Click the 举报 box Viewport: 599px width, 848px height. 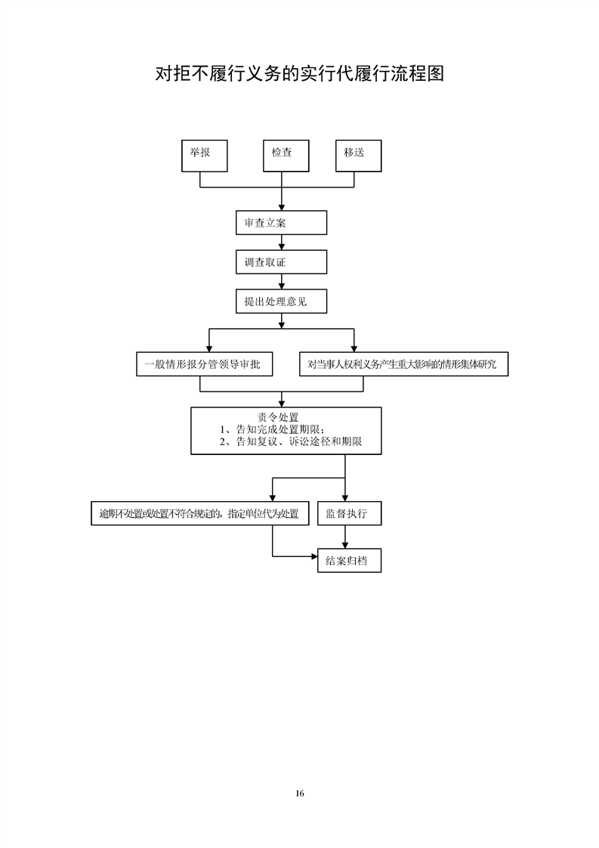[205, 156]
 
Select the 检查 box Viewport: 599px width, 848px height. [286, 156]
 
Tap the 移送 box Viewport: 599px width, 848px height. [359, 156]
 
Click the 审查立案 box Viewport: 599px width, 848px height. [281, 223]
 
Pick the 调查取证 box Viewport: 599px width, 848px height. [281, 262]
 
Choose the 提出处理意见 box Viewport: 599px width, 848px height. [281, 302]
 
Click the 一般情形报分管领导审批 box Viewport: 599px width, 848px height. [205, 364]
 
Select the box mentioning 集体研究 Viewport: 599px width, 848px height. [404, 364]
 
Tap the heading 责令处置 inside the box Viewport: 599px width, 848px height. [278, 417]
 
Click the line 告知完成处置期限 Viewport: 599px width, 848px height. [272, 429]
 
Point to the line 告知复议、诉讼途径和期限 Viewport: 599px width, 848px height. [290, 441]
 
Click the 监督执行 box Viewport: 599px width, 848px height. [349, 513]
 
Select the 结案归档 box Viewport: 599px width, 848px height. [349, 561]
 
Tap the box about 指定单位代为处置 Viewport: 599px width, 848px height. [200, 513]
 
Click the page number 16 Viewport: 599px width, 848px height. [300, 794]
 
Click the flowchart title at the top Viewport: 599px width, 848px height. [299, 73]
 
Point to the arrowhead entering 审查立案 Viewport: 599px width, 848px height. [281, 207]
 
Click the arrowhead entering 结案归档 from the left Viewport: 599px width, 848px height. [314, 556]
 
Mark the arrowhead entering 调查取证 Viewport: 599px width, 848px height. [281, 246]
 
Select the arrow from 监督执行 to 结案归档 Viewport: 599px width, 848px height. [345, 537]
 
